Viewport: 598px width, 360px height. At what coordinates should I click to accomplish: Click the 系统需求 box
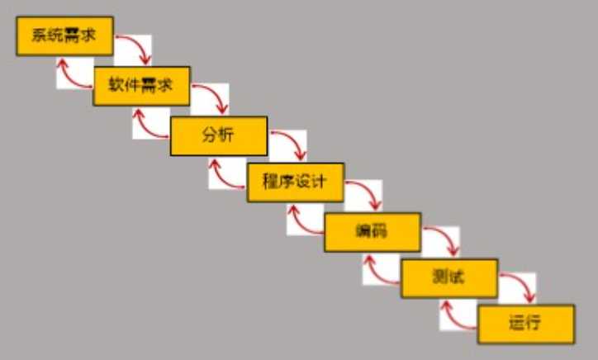pyautogui.click(x=64, y=36)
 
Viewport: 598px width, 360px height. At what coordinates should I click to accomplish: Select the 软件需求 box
pyautogui.click(x=141, y=85)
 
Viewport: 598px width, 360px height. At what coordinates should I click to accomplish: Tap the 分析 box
pyautogui.click(x=218, y=135)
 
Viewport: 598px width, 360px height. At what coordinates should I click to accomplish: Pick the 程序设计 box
pyautogui.click(x=295, y=182)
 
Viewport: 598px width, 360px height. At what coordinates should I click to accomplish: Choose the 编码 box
pyautogui.click(x=372, y=231)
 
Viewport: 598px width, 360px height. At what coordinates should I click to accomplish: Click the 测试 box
pyautogui.click(x=448, y=278)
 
